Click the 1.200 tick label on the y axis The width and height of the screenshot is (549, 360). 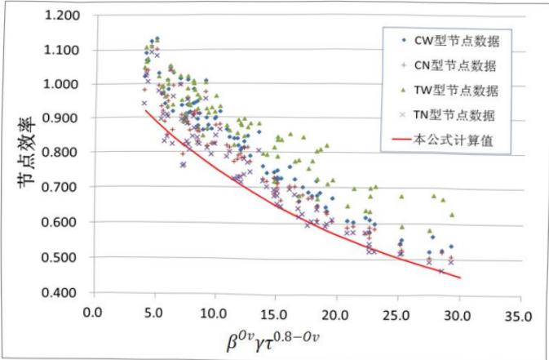tap(63, 16)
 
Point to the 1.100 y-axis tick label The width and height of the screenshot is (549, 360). tap(63, 50)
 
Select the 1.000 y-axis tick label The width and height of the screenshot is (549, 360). tap(63, 84)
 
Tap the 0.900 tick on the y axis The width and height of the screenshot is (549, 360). tap(63, 118)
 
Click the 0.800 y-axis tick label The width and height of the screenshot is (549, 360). tap(63, 153)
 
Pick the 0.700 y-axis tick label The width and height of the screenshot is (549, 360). tap(63, 188)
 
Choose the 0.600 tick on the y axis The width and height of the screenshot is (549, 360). tap(63, 222)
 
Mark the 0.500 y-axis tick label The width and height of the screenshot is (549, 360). tap(63, 257)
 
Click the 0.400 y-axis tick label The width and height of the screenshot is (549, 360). tap(63, 292)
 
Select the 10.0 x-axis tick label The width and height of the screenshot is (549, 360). tap(215, 311)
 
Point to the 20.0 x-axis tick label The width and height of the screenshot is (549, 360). tap(335, 311)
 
